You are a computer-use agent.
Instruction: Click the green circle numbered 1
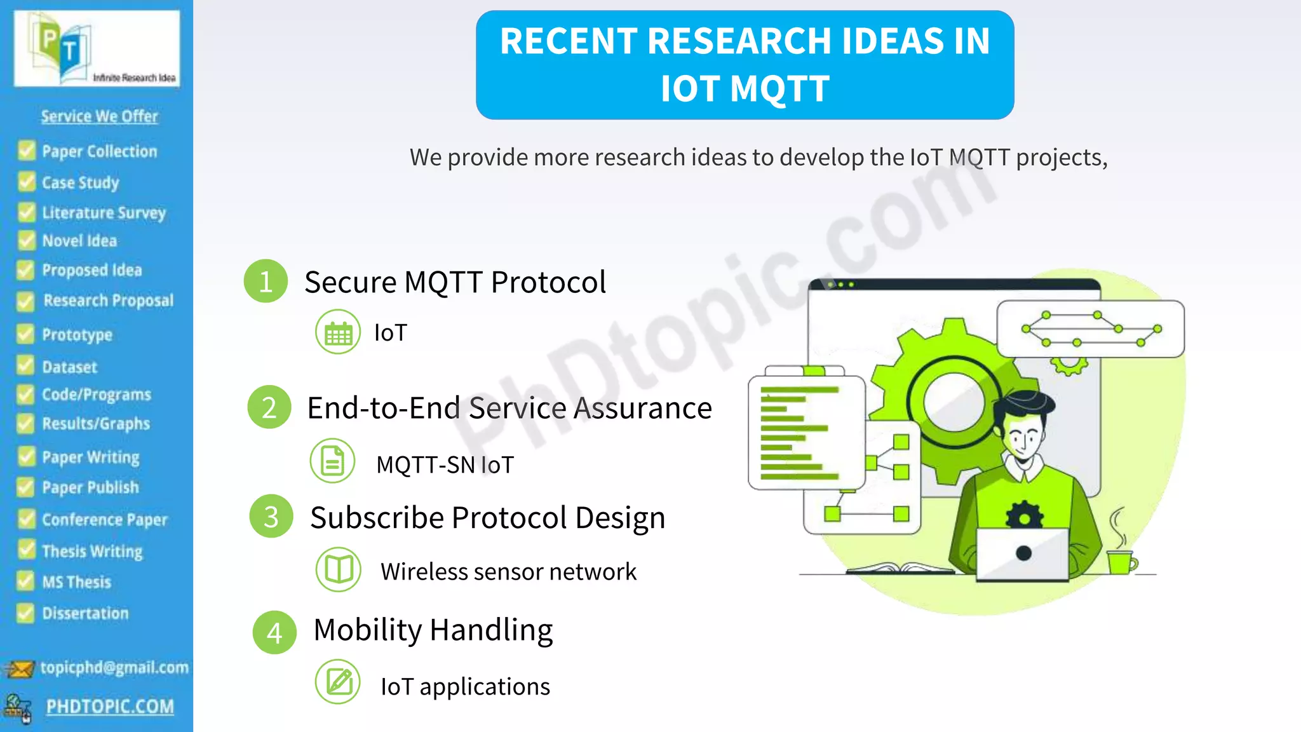tap(266, 281)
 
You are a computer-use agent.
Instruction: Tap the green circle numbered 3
tap(271, 517)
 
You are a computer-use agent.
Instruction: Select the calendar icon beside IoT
tap(338, 332)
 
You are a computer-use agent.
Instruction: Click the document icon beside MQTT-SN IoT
tap(332, 461)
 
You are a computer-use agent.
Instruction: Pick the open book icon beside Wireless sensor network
tap(339, 569)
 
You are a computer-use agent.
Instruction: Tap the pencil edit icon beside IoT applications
tap(338, 682)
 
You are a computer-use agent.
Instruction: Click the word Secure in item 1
tap(350, 282)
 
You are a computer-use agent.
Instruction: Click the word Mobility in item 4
tap(367, 630)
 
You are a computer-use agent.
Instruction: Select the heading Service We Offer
tap(100, 116)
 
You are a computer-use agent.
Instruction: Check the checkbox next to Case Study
tap(27, 182)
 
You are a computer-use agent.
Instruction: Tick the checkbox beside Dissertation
tap(25, 613)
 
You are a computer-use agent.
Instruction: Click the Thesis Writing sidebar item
tap(92, 551)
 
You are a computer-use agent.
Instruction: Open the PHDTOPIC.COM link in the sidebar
tap(110, 707)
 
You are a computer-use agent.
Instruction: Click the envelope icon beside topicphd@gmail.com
tap(19, 668)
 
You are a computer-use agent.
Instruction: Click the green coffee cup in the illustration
tap(1121, 560)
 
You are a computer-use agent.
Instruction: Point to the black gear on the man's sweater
tap(1024, 515)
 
